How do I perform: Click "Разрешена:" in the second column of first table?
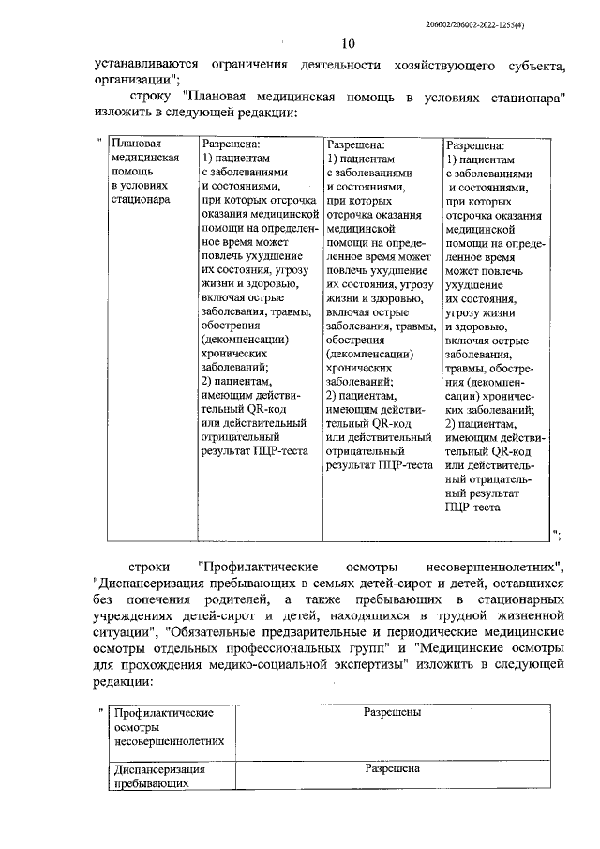click(231, 145)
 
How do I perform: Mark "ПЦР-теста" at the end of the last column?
click(474, 507)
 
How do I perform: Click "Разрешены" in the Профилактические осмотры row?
click(392, 712)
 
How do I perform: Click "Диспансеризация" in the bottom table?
click(157, 768)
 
